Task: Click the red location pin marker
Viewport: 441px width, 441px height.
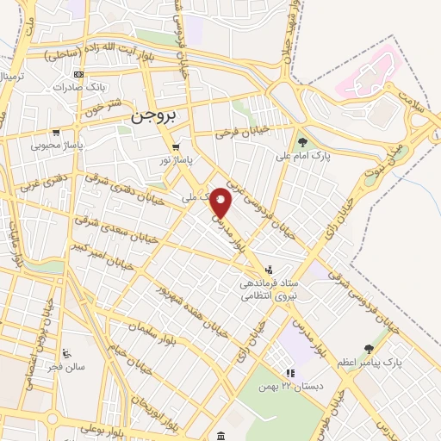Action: coord(221,202)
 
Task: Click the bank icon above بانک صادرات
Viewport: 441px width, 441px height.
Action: coord(79,75)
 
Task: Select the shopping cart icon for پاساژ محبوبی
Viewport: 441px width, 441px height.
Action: coord(56,134)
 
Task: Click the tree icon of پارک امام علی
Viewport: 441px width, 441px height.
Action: coord(301,142)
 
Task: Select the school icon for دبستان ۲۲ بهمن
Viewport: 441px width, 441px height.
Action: coord(290,374)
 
